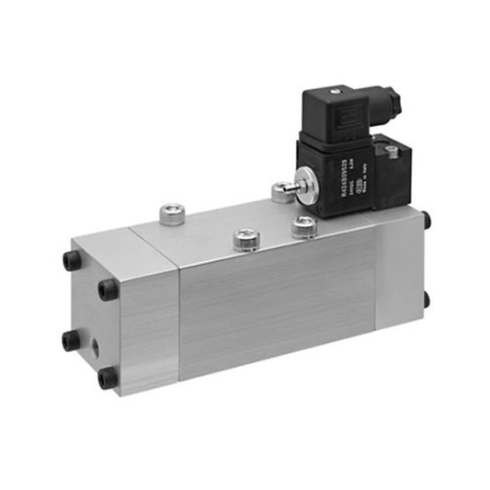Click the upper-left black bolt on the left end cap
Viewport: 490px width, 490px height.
pos(71,260)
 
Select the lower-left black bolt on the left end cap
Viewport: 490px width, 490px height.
pos(71,341)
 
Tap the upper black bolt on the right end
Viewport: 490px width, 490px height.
pos(426,220)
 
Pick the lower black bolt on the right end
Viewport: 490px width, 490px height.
pos(425,300)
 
